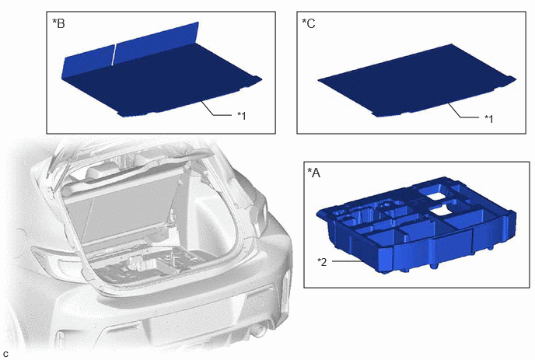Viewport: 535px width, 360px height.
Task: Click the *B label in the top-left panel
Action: pyautogui.click(x=58, y=23)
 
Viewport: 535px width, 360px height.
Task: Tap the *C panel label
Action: pyautogui.click(x=309, y=23)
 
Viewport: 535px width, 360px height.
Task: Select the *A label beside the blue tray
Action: pyautogui.click(x=314, y=173)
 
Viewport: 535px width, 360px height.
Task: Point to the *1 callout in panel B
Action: pyautogui.click(x=242, y=116)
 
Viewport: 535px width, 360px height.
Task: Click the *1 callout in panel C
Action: pyautogui.click(x=489, y=119)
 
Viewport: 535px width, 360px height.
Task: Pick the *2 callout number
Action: pyautogui.click(x=322, y=262)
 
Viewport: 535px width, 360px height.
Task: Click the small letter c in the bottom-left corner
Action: pyautogui.click(x=5, y=355)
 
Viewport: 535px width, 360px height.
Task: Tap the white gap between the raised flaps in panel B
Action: pyautogui.click(x=114, y=54)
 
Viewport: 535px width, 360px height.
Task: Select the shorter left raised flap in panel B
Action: pyautogui.click(x=88, y=61)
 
